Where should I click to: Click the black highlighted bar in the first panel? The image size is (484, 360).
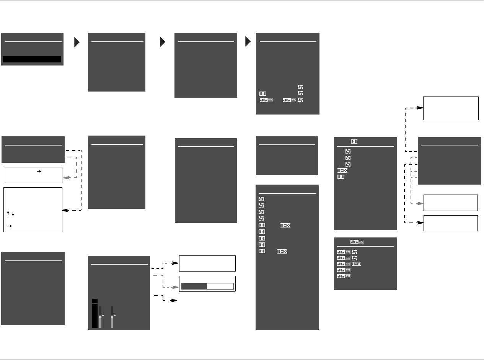(32, 59)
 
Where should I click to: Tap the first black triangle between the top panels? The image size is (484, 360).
(77, 43)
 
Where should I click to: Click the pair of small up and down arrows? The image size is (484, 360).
(10, 214)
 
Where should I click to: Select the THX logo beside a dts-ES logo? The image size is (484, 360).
(356, 264)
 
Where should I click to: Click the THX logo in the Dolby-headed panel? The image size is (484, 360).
(342, 170)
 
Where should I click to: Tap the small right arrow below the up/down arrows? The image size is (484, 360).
(9, 226)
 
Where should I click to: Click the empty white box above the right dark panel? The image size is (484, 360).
(451, 108)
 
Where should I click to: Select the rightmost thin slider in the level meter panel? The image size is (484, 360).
(112, 317)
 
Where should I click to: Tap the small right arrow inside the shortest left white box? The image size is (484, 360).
(38, 172)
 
